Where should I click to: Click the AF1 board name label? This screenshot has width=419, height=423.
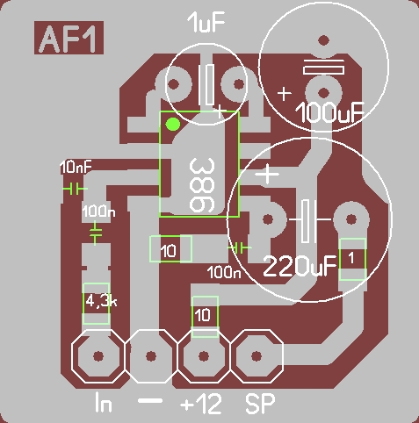click(x=69, y=38)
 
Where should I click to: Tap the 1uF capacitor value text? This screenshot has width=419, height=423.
click(x=206, y=22)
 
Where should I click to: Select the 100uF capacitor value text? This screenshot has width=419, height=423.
click(x=329, y=112)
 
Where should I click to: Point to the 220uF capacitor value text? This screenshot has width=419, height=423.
click(x=300, y=266)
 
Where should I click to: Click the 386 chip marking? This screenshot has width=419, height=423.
click(x=202, y=185)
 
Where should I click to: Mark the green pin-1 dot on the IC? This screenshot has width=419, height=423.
click(x=173, y=125)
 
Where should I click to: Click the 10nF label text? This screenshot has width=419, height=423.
click(x=76, y=168)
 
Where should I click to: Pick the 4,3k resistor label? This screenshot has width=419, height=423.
click(x=101, y=301)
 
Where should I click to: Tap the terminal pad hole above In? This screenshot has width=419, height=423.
click(x=98, y=356)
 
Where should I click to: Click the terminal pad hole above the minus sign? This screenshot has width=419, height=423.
click(x=151, y=356)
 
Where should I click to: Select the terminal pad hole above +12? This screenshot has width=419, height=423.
click(x=204, y=356)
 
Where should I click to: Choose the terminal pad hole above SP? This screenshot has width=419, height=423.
click(x=256, y=356)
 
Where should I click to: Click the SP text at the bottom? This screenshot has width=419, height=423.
click(x=260, y=404)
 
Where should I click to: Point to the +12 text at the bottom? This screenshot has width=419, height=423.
click(x=201, y=404)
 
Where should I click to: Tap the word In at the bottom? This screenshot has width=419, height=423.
click(x=104, y=403)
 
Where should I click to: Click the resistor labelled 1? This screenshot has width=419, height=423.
click(x=352, y=259)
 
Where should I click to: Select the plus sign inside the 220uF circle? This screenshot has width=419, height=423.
click(x=267, y=175)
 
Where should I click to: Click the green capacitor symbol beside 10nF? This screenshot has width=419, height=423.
click(x=75, y=189)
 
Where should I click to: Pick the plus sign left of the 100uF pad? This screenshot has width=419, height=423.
click(x=284, y=94)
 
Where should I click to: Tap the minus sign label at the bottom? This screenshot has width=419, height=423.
click(x=150, y=401)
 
